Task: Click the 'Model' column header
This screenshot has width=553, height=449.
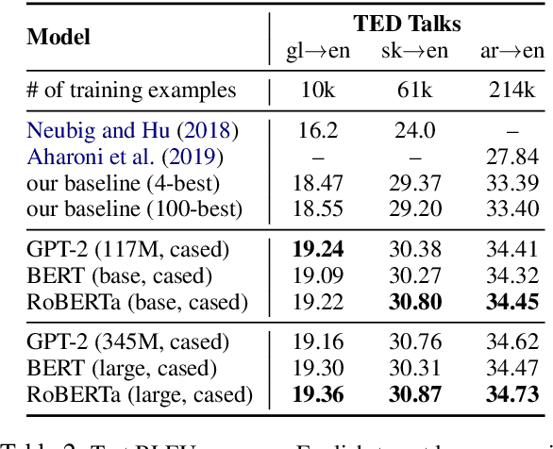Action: click(59, 37)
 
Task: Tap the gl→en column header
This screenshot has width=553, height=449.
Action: click(317, 51)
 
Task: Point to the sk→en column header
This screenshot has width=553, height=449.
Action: click(414, 51)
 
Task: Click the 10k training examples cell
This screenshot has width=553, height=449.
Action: click(317, 91)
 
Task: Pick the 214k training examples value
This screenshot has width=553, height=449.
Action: click(511, 91)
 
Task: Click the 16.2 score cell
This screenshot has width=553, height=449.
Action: click(317, 130)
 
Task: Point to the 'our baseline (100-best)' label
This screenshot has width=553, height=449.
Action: click(134, 208)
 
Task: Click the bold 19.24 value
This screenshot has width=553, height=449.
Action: click(317, 249)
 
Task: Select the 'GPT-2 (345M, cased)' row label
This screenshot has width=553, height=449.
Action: click(128, 341)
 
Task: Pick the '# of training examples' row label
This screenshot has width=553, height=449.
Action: click(131, 91)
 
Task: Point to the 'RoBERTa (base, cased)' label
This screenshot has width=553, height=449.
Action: click(137, 302)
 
